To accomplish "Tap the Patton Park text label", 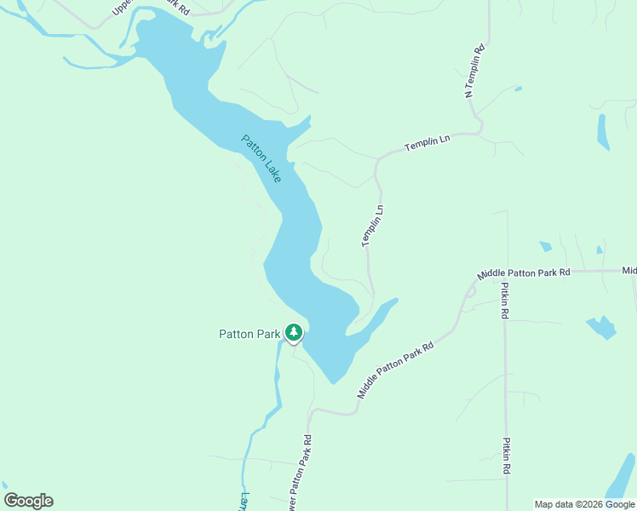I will coord(250,334).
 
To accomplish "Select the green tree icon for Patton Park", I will coord(294,332).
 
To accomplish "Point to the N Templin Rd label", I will coord(474,71).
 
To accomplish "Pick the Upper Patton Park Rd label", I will coord(150,9).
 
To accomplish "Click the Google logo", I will coord(28,501).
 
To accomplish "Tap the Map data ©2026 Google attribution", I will coord(585,504).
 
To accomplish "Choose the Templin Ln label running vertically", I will coord(373,226).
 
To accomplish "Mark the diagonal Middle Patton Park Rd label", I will coord(396,370).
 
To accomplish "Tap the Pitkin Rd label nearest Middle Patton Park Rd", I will coord(505,301).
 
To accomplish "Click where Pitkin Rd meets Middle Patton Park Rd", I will coord(505,273).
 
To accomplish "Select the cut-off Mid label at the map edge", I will coord(628,271).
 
